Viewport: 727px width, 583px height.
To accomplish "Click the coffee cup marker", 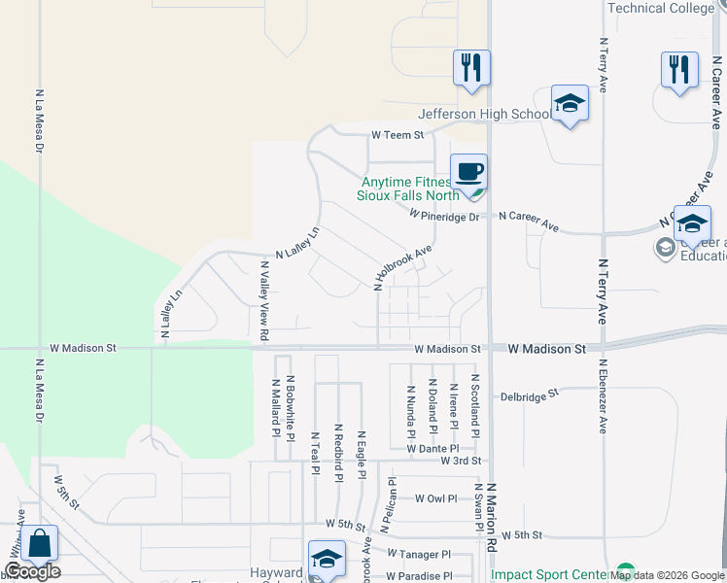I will (468, 172).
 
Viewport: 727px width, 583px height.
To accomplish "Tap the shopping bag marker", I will (40, 544).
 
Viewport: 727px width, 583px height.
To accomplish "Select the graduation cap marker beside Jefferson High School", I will (570, 104).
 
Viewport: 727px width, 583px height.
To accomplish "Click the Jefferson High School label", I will (485, 114).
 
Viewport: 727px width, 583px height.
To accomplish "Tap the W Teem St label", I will (398, 135).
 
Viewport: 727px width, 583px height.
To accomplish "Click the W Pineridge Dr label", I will (444, 216).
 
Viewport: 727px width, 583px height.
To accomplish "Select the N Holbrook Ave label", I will (402, 267).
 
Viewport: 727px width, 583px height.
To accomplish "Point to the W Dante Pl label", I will (433, 448).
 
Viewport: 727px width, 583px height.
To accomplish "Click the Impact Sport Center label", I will (550, 574).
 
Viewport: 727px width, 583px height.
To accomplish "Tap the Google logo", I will (31, 571).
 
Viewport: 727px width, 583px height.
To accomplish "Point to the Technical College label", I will (661, 8).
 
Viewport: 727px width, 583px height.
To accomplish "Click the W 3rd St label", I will (461, 461).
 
